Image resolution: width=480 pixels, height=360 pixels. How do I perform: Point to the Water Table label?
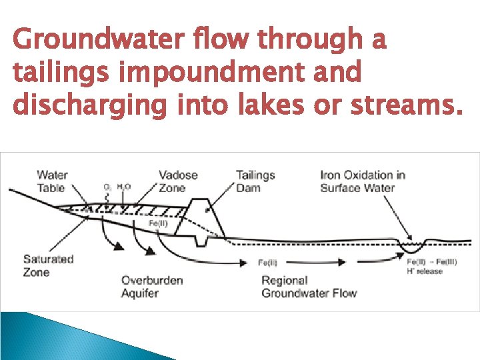tap(52, 181)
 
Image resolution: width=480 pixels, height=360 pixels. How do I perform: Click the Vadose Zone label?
tap(178, 181)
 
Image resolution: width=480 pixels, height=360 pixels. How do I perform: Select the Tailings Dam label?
tap(255, 181)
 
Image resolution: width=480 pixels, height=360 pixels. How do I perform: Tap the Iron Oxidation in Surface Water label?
tap(363, 181)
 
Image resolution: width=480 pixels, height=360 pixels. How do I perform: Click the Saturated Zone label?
tap(48, 265)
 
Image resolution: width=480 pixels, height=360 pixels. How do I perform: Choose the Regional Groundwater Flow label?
tap(309, 287)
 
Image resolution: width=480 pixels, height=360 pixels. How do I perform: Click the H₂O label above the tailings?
tap(124, 187)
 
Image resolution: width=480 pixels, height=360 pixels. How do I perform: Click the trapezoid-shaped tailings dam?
tap(203, 217)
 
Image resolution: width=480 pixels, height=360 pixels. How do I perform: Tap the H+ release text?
tap(425, 271)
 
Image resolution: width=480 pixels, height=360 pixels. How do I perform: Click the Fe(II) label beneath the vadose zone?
tap(158, 223)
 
